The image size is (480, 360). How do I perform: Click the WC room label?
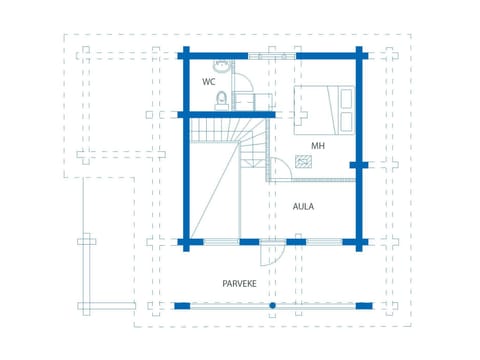(208, 81)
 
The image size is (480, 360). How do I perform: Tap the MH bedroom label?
(318, 146)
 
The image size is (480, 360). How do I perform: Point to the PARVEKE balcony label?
(241, 284)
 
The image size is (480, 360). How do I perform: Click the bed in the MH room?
(322, 108)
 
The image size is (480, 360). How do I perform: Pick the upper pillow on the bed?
(346, 97)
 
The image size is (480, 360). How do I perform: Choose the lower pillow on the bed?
(346, 120)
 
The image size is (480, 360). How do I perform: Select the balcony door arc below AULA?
(272, 255)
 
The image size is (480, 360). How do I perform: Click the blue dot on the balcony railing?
(270, 305)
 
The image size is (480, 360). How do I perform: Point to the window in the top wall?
(272, 54)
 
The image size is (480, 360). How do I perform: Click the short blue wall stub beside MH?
(357, 163)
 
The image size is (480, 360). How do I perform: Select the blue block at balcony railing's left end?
(180, 305)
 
